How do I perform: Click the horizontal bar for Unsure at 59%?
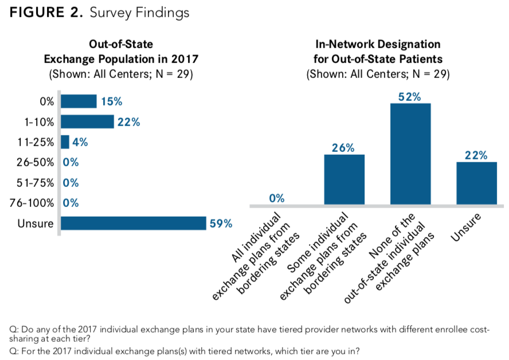coord(133,223)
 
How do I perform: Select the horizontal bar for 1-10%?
coord(87,122)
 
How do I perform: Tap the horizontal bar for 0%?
coord(79,101)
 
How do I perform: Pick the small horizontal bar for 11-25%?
coord(65,142)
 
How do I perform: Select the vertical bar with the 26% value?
coord(344,179)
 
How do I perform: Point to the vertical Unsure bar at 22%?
coord(476,183)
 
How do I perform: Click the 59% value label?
coord(221,224)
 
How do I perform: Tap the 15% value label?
coord(111,101)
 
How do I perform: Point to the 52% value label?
coord(409,97)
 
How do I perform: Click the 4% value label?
coord(80,142)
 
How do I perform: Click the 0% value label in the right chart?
coord(276,198)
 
